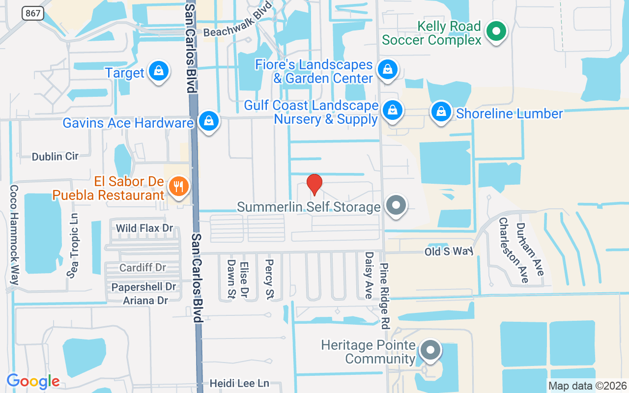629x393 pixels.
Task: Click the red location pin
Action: click(x=314, y=184)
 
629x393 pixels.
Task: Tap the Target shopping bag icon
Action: click(x=159, y=71)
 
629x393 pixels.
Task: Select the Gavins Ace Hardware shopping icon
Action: click(x=209, y=121)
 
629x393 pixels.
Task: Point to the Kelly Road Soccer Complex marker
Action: click(x=496, y=32)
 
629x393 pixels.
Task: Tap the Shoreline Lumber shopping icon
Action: click(x=441, y=112)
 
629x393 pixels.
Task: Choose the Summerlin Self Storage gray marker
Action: click(x=396, y=206)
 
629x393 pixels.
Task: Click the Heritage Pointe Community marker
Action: click(x=431, y=351)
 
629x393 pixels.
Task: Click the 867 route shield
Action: click(x=33, y=13)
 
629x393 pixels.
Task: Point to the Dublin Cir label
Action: click(x=55, y=157)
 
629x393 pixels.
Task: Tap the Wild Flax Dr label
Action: click(x=144, y=228)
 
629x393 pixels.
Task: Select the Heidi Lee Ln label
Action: click(x=240, y=383)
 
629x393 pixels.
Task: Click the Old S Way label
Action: click(x=449, y=251)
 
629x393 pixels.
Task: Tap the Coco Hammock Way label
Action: click(x=14, y=235)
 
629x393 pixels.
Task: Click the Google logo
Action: click(x=33, y=381)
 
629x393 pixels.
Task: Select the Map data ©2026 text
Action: click(x=587, y=386)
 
